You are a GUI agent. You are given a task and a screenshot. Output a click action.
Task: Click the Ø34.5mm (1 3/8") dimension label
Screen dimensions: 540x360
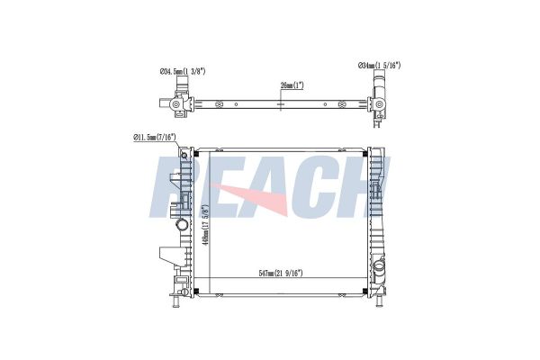pyautogui.click(x=183, y=71)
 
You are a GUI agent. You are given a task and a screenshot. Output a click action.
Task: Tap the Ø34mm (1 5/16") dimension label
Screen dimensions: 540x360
pyautogui.click(x=379, y=65)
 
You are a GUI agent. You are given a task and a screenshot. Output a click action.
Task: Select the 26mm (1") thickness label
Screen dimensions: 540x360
pyautogui.click(x=292, y=85)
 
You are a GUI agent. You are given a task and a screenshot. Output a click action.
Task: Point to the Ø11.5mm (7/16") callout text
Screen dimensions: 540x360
pyautogui.click(x=155, y=138)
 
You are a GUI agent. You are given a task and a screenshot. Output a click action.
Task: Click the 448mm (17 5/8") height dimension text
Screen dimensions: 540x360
pyautogui.click(x=206, y=225)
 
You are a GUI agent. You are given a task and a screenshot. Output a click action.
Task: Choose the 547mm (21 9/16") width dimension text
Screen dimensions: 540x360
pyautogui.click(x=281, y=274)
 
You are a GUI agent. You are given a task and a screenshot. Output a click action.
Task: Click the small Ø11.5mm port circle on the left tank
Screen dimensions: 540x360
pyautogui.click(x=184, y=155)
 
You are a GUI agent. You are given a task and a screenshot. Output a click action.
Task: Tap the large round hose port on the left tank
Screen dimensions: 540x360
pyautogui.click(x=182, y=225)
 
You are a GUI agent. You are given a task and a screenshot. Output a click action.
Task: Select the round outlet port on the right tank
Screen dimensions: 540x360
pyautogui.click(x=379, y=266)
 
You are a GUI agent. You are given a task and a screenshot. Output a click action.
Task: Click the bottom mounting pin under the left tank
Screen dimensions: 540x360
pyautogui.click(x=175, y=301)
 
